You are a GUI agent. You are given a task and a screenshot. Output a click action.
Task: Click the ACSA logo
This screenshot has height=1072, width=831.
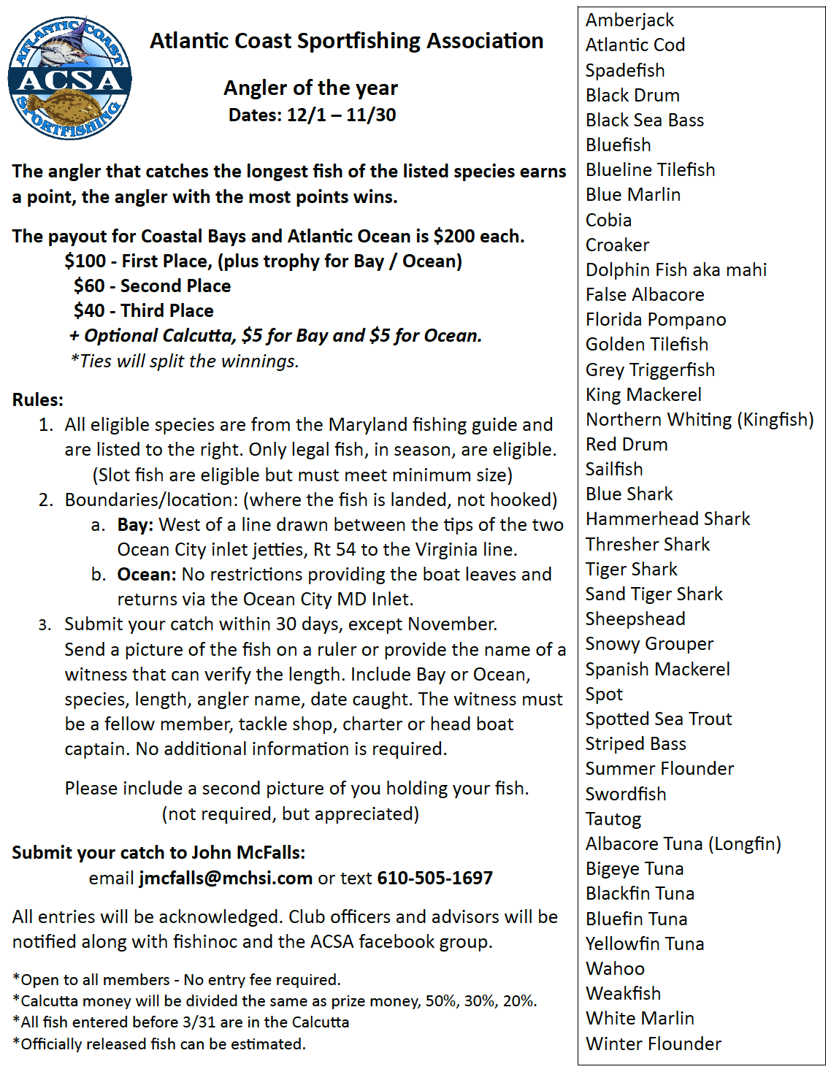click(x=69, y=77)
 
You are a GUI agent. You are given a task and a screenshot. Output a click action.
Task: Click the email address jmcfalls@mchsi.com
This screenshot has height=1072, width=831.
click(x=226, y=878)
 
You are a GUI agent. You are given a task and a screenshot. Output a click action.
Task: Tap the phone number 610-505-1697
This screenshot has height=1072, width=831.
click(x=434, y=878)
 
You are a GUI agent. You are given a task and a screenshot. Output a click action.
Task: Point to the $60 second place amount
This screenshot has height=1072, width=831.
click(x=89, y=286)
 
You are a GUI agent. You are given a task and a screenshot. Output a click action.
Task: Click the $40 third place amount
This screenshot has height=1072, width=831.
click(x=89, y=311)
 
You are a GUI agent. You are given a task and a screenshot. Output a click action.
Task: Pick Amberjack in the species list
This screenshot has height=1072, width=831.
click(x=629, y=20)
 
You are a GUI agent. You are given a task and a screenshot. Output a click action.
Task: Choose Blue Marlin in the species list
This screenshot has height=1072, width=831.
click(x=633, y=195)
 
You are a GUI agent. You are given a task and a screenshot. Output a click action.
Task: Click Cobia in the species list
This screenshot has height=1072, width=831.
click(x=608, y=220)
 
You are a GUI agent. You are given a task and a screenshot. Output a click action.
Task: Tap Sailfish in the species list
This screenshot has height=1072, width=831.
click(x=614, y=470)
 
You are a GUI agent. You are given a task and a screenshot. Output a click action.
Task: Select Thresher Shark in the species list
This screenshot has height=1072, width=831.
click(x=648, y=545)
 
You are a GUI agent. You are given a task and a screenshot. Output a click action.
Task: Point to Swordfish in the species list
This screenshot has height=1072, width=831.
click(x=626, y=795)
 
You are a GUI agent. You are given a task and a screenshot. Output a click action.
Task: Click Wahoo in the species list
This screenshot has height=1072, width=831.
click(x=615, y=969)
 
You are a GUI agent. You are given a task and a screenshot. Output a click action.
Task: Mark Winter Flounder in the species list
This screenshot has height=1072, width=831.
click(x=654, y=1044)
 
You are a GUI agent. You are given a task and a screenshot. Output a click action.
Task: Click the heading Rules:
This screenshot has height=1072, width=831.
click(x=38, y=400)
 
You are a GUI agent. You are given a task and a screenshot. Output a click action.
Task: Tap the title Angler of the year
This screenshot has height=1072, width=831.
click(x=310, y=88)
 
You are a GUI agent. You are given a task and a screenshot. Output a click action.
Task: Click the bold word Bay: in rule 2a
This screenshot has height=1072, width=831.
click(x=135, y=525)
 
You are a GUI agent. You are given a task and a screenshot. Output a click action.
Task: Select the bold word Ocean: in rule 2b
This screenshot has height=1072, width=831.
click(x=146, y=575)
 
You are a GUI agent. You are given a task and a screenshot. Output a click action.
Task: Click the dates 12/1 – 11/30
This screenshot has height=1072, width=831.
click(x=341, y=115)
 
